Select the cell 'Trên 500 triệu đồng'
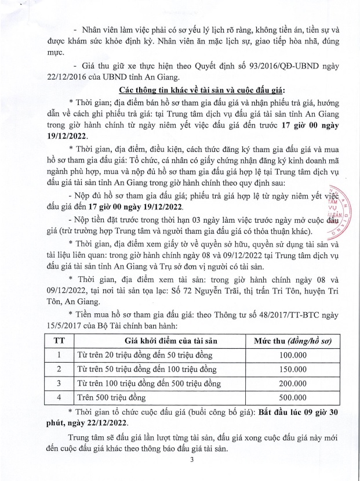pyautogui.click(x=112, y=397)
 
